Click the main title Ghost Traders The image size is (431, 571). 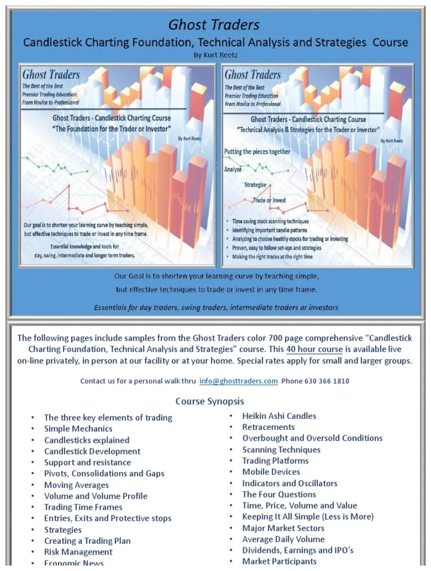214,25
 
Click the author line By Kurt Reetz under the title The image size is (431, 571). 215,55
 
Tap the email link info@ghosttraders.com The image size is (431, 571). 238,381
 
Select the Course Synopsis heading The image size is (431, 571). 209,401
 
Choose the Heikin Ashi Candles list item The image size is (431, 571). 279,416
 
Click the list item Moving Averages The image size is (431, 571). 77,485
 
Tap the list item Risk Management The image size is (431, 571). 78,552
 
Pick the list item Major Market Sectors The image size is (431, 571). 283,528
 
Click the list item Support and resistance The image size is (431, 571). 88,463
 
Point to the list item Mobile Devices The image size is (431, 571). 271,472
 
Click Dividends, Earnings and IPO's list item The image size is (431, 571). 298,550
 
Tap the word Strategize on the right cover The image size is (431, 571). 255,185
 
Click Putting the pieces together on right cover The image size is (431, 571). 257,151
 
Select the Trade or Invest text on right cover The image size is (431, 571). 269,201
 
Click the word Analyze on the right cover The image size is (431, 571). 233,170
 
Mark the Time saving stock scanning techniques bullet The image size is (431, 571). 270,222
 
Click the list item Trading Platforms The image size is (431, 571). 276,461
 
